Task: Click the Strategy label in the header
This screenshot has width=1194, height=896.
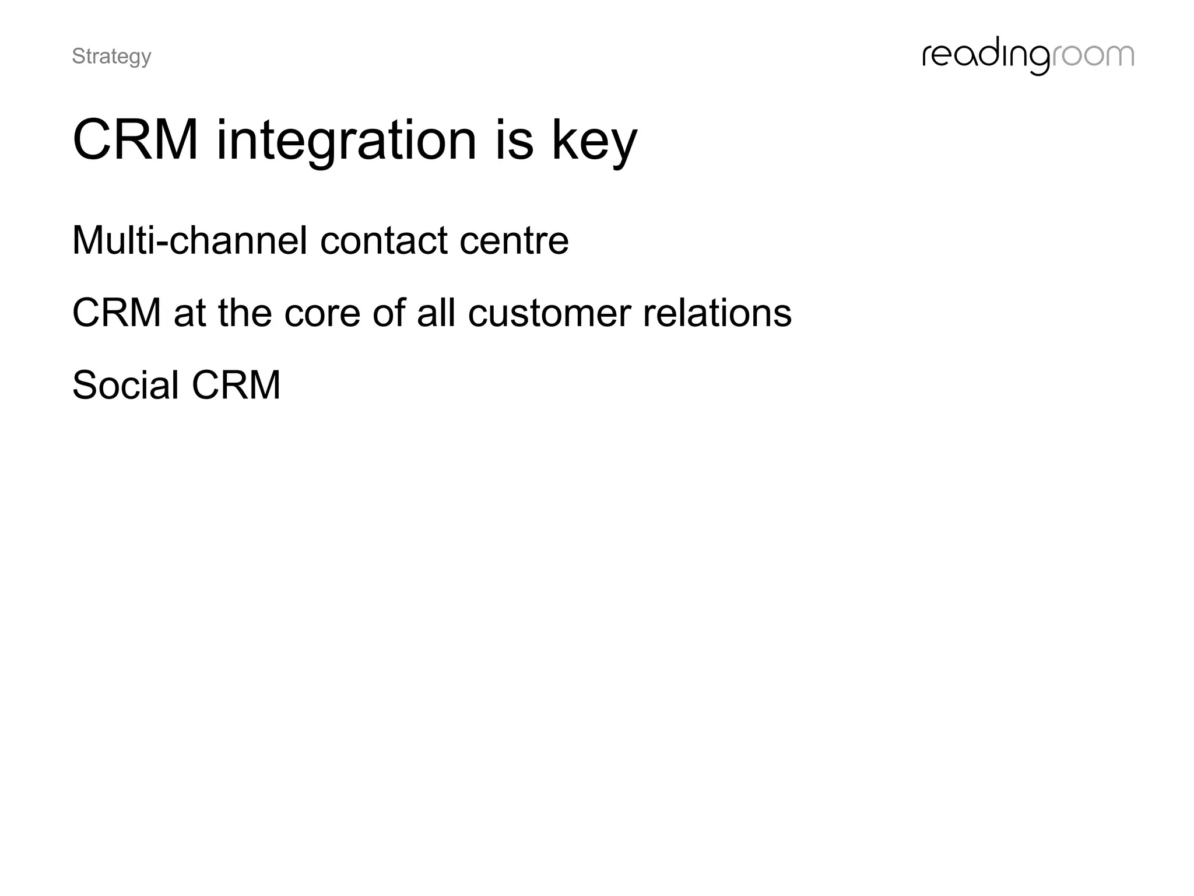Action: [111, 57]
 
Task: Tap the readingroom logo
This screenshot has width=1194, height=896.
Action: [1027, 57]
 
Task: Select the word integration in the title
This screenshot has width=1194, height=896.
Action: [346, 141]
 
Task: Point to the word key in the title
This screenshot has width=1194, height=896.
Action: [594, 141]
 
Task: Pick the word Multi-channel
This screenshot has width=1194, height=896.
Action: [189, 240]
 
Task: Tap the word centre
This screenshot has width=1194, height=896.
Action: [514, 241]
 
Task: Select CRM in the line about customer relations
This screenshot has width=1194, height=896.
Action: [117, 313]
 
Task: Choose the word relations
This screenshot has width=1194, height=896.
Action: [717, 313]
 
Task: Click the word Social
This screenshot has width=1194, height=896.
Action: [125, 385]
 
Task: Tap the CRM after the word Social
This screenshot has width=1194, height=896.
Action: [236, 385]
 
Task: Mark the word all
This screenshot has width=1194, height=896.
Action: [436, 313]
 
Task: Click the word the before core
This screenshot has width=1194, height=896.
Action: [244, 313]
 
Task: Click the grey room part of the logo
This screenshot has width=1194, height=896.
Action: [1092, 57]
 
